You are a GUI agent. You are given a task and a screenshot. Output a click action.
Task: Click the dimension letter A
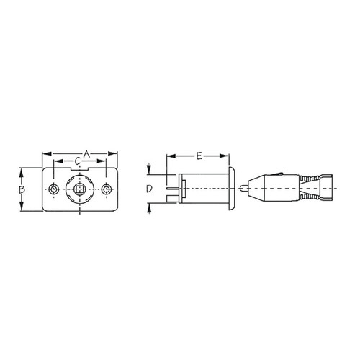86,153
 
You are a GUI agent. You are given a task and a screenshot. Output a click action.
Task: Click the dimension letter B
22,189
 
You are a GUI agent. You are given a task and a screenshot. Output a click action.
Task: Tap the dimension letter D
148,189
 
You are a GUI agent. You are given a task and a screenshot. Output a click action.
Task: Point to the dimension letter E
198,154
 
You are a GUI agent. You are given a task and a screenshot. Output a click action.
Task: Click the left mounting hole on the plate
55,189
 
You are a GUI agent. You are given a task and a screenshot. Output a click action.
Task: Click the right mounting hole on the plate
107,189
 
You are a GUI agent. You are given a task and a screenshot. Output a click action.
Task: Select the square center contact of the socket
81,189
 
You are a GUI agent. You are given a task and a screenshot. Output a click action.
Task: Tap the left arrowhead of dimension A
45,153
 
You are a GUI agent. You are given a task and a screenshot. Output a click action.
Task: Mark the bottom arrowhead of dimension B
22,209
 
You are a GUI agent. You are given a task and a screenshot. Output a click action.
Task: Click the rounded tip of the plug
245,189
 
